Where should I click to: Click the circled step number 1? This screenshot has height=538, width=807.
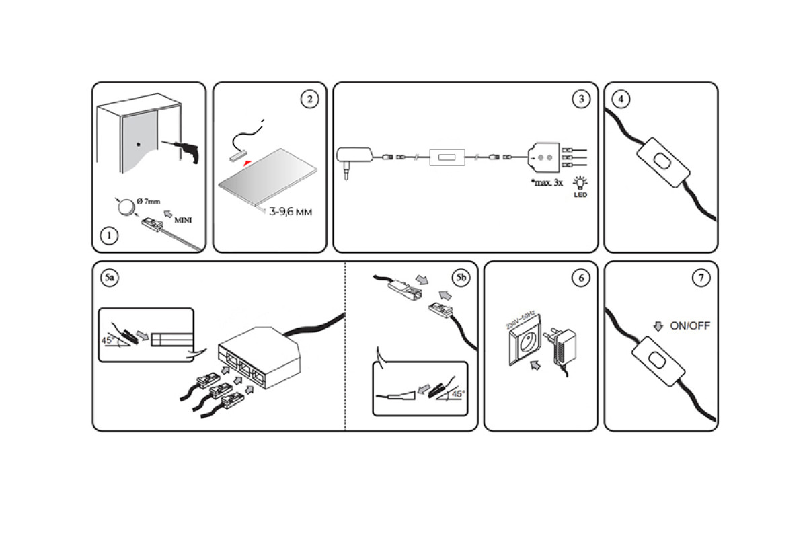coord(108,236)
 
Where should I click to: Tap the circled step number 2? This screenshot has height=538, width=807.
coord(309,100)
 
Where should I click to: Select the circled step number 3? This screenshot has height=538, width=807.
coord(580,100)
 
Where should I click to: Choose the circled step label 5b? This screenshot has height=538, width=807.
coord(461,278)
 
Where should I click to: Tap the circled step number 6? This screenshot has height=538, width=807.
coord(580,278)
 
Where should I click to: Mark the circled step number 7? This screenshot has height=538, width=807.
coord(700,278)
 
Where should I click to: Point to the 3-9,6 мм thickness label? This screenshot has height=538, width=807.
coord(291,212)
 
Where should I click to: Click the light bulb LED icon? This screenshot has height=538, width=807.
coord(579,183)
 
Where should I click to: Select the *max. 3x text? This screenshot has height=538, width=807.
coord(545,182)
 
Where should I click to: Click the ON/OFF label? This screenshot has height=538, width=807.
coord(690,326)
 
